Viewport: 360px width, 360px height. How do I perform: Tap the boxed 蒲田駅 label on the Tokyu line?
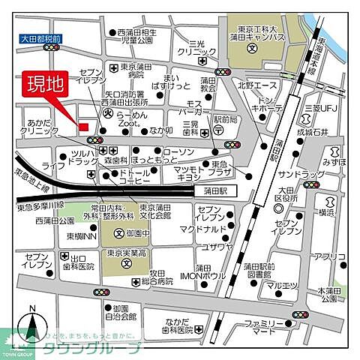[211, 191]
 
